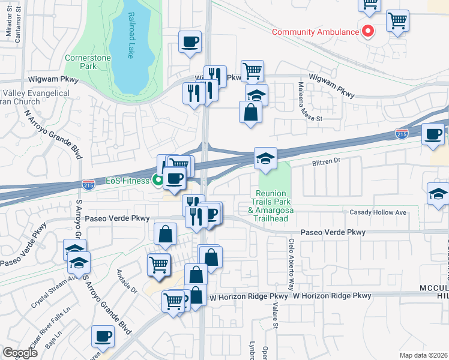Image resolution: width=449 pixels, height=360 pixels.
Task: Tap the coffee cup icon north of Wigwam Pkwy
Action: [190, 42]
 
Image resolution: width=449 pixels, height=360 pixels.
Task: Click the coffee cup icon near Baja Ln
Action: [102, 336]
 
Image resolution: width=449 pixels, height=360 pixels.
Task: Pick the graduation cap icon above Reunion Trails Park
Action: [265, 158]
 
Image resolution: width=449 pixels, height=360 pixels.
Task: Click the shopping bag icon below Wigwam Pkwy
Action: [250, 112]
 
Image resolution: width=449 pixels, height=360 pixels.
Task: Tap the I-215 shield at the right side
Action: [402, 133]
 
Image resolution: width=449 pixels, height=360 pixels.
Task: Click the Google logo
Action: [20, 352]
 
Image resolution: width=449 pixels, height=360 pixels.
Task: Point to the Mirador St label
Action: [9, 25]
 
